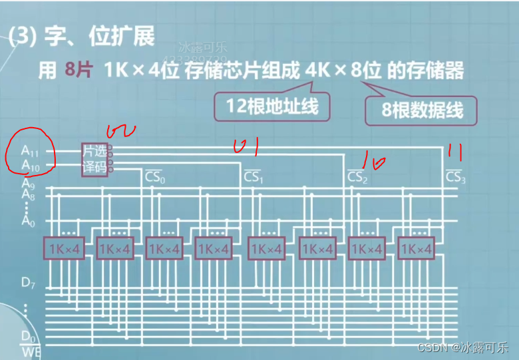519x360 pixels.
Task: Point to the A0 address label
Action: point(27,221)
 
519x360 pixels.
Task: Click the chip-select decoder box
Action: point(94,159)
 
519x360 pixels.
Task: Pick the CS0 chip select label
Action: point(154,178)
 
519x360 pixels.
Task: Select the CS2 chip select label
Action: point(357,178)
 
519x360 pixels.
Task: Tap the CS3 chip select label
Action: point(456,177)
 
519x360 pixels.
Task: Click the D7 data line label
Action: point(27,283)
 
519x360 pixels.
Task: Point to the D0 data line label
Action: point(27,335)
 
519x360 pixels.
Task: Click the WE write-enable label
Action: point(29,350)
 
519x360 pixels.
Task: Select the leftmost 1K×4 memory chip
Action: point(64,248)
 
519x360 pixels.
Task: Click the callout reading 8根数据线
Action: point(422,110)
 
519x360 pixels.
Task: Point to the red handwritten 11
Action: point(455,152)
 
